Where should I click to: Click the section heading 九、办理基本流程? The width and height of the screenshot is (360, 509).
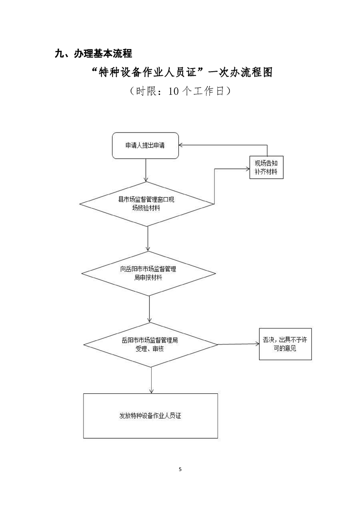(93, 54)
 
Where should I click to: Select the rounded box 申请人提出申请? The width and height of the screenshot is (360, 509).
(145, 146)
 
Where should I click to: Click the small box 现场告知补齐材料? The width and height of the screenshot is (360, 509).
(266, 168)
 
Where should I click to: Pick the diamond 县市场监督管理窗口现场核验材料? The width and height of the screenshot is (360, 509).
(146, 203)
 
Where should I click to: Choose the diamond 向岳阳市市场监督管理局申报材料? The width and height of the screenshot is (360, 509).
(148, 273)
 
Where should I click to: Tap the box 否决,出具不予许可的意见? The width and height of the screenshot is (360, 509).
(285, 344)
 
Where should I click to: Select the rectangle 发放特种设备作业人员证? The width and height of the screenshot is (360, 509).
(150, 416)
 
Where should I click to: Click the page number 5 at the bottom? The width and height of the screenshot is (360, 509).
(180, 469)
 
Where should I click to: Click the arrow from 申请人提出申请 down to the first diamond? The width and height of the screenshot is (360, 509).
(145, 170)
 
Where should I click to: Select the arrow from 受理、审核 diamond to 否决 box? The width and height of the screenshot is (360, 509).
(238, 344)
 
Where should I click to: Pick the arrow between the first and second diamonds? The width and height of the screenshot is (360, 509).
(148, 238)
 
